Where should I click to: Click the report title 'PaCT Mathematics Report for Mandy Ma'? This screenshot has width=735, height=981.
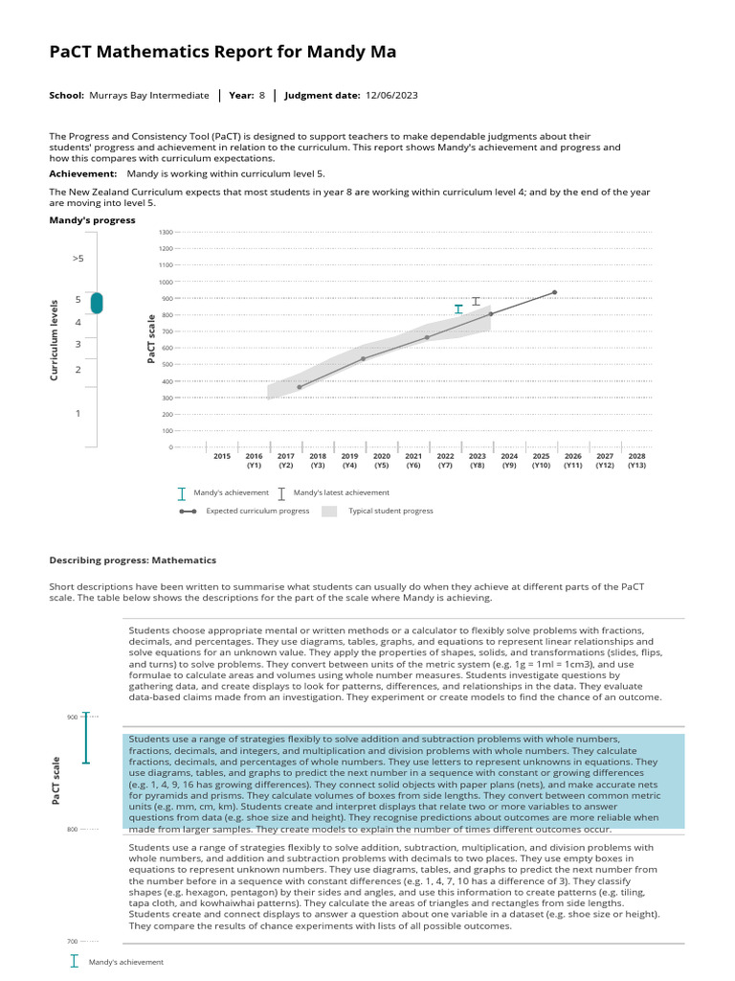222,52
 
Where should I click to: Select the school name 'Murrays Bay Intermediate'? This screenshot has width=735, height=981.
148,96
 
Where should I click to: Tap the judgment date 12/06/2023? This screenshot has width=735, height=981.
392,96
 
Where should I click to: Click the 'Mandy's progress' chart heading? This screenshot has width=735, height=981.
92,220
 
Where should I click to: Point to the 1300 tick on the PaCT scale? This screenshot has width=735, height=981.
165,233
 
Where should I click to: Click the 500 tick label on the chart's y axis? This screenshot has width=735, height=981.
166,365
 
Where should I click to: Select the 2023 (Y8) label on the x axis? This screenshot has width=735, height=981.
477,461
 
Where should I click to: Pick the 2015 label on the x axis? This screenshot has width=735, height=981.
222,457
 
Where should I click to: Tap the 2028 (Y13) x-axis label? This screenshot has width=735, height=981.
636,461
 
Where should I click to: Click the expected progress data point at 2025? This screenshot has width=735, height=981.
554,292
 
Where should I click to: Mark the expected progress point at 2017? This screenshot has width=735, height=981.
300,387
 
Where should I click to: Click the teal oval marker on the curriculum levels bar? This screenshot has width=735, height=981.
97,303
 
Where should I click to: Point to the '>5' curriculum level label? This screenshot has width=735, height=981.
78,259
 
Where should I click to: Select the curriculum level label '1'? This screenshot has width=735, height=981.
78,414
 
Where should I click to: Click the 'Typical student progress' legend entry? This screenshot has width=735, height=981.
390,511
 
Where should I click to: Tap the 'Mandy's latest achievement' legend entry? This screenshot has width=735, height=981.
341,492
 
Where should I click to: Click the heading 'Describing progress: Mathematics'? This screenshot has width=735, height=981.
132,560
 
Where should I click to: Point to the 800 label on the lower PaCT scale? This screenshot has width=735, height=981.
72,829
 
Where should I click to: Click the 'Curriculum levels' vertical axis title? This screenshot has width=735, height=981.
56,339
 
